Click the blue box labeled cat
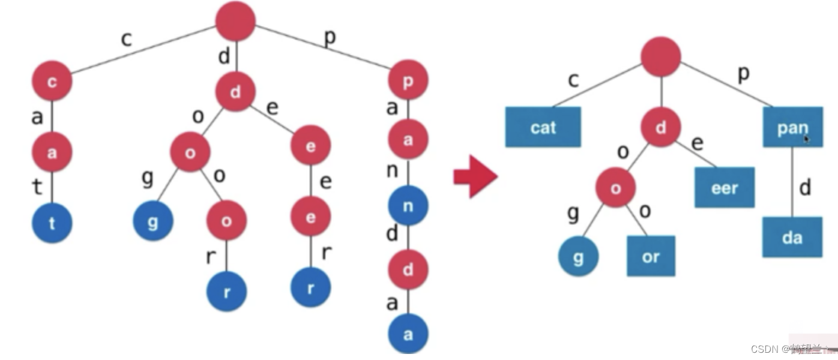click(543, 127)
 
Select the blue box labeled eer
click(725, 187)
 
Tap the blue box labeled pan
click(792, 127)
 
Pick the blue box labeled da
click(792, 237)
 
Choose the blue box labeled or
click(651, 256)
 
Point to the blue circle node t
click(52, 223)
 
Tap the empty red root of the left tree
click(236, 21)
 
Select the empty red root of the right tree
click(661, 56)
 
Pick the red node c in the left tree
click(52, 81)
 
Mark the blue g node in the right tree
click(579, 256)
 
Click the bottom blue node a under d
click(408, 334)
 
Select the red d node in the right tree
click(661, 127)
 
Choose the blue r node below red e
click(310, 287)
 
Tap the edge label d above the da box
click(805, 188)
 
